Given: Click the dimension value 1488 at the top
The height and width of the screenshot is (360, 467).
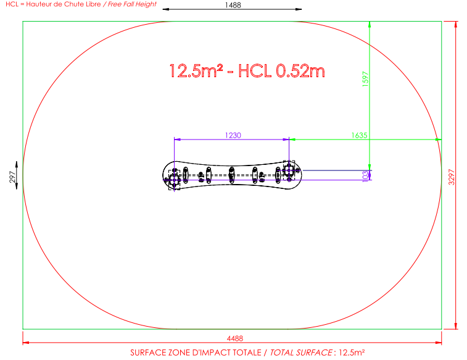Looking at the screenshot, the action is coord(233,5).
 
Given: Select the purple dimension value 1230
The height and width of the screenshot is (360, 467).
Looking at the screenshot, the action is coord(233,135).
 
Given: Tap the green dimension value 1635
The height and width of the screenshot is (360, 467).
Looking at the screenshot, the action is coord(359,135).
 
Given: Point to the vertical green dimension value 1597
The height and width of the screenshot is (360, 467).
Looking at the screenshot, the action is coord(365,79).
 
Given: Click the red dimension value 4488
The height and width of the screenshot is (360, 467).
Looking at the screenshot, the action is coord(235,338).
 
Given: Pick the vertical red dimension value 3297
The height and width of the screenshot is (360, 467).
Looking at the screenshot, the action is coord(452,177).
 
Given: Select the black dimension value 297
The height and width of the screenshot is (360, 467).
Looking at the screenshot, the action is coord(12,177).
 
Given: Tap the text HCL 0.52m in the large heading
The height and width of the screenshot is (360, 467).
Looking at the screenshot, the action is coord(281,71).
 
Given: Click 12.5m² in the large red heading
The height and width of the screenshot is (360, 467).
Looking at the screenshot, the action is coord(196,71).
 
